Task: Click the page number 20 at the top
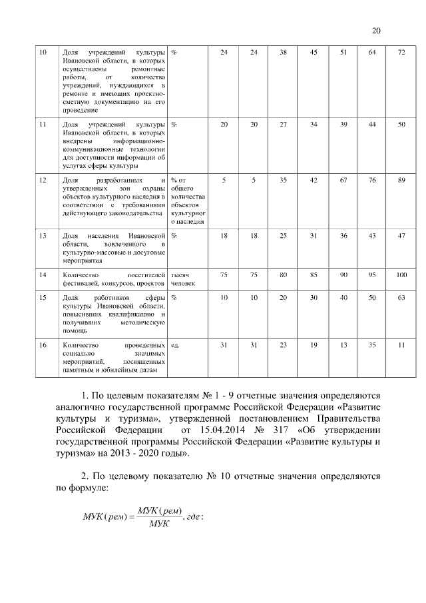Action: (375, 31)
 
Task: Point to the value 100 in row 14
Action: (401, 275)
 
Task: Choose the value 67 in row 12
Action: (343, 181)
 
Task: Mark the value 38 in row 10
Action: (283, 52)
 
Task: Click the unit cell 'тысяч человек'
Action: (184, 279)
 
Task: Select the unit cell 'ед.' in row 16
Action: (176, 344)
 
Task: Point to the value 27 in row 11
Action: (283, 125)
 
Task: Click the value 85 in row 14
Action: (314, 275)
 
